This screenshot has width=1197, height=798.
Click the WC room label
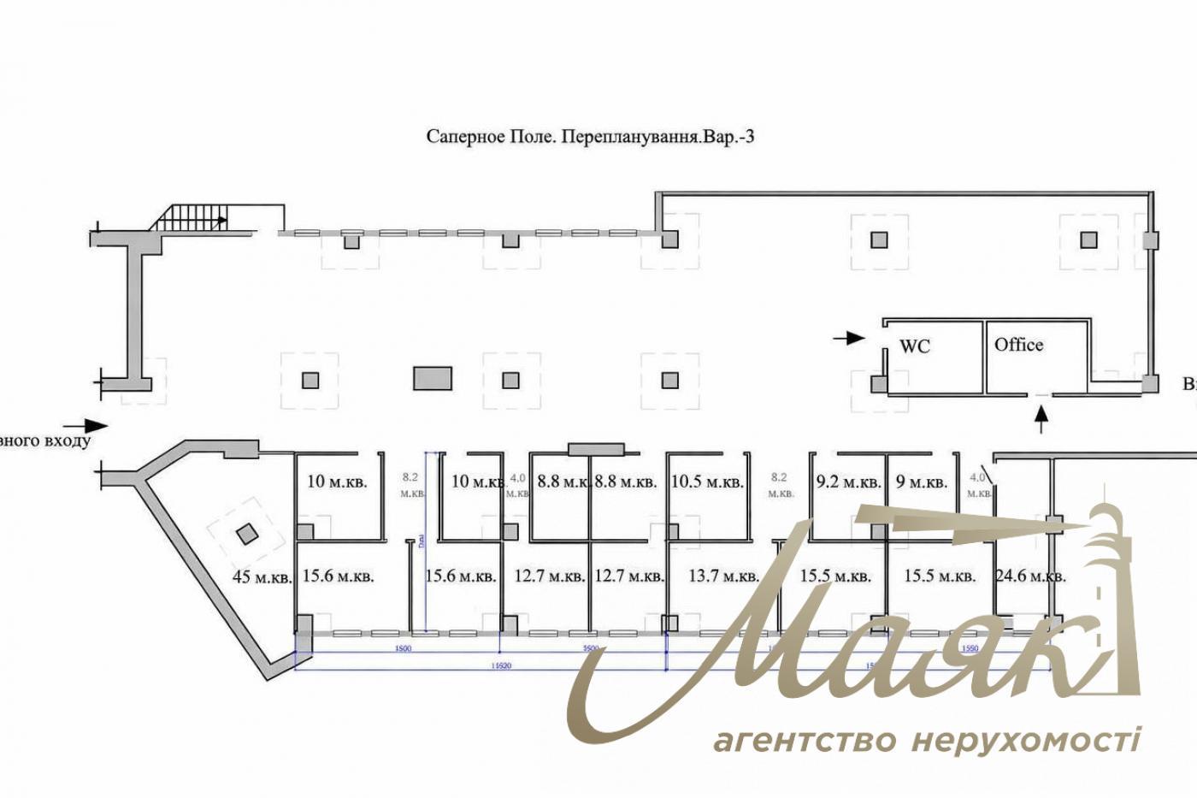click(x=914, y=346)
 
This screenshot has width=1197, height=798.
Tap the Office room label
click(x=1018, y=345)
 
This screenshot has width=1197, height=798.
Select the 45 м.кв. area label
click(x=262, y=576)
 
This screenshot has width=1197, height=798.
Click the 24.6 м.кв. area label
click(x=1030, y=576)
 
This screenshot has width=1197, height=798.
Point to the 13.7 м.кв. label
click(x=723, y=576)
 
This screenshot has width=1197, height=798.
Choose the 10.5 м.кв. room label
click(x=707, y=482)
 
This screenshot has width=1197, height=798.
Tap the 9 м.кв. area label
click(x=921, y=482)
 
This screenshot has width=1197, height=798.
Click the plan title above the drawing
click(x=590, y=137)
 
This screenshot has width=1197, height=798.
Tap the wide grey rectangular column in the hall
click(x=433, y=378)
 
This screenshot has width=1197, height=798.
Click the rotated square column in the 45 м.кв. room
click(x=246, y=535)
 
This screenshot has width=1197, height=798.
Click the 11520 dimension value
click(x=502, y=665)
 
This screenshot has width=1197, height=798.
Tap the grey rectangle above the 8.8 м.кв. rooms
click(x=598, y=448)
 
